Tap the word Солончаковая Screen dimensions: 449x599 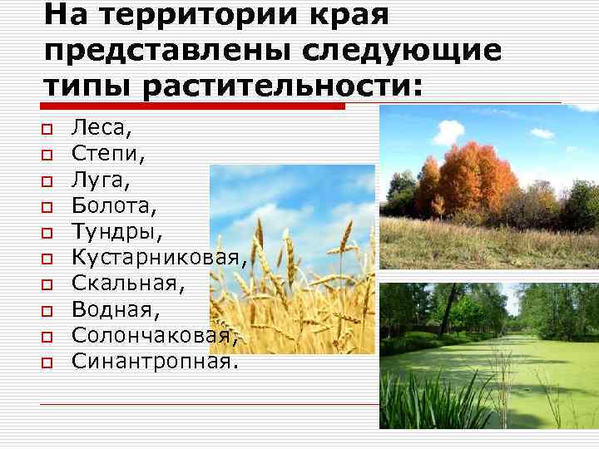(155, 334)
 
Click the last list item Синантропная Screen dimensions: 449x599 (150, 360)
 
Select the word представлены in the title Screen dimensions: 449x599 (166, 50)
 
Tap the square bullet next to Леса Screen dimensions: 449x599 (47, 131)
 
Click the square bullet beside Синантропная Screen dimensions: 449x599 (47, 363)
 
